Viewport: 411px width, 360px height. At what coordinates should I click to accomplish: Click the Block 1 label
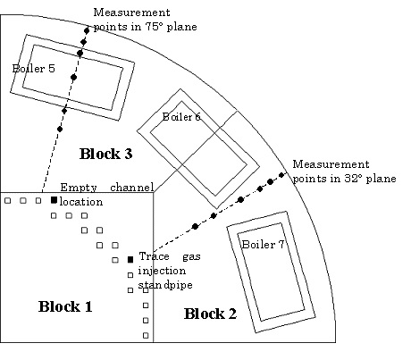[x=65, y=306]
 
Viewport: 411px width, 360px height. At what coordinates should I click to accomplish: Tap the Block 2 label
[x=210, y=314]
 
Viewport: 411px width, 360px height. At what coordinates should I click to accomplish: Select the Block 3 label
[x=105, y=154]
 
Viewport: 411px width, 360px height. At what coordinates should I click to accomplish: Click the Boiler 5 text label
[x=33, y=69]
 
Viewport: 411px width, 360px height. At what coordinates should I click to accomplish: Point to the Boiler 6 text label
[x=181, y=117]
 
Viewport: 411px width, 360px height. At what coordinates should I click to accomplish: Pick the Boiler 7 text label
[x=263, y=245]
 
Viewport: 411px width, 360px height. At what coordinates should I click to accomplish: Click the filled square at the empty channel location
[x=54, y=200]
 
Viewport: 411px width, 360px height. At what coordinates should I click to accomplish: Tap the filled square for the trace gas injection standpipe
[x=130, y=260]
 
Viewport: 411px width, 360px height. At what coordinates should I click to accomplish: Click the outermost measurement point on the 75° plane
[x=87, y=30]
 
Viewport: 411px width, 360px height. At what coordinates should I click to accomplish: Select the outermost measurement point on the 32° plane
[x=281, y=175]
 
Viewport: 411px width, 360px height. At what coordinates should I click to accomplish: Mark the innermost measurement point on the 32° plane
[x=195, y=227]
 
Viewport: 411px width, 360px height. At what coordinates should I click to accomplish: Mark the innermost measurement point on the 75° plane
[x=60, y=130]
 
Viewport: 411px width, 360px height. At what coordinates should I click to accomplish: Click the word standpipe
[x=165, y=285]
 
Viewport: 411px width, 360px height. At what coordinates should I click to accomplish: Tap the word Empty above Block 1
[x=79, y=188]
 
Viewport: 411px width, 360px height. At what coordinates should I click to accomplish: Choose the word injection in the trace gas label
[x=162, y=271]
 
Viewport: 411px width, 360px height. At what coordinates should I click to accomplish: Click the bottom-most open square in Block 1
[x=146, y=336]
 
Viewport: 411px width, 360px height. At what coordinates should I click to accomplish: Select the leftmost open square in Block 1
[x=8, y=201]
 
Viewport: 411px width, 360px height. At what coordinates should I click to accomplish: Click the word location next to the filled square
[x=81, y=202]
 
